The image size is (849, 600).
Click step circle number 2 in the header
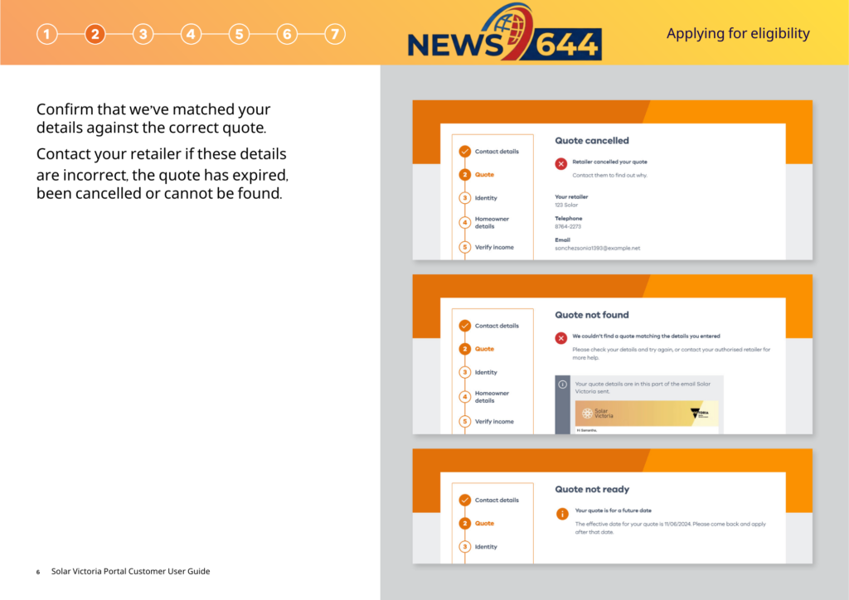pos(95,34)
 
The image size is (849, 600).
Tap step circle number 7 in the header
pos(334,34)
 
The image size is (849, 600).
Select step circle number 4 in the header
pos(191,34)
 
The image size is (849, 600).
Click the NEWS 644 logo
pos(504,33)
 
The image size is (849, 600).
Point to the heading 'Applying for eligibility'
pos(738,34)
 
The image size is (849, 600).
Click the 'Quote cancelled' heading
pos(591,141)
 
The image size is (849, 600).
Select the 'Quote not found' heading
pos(591,315)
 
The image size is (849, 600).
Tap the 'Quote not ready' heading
pos(591,489)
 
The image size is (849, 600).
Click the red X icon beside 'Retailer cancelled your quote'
pos(561,163)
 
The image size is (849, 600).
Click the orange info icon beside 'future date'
pos(561,513)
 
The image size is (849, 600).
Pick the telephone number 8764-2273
pos(568,226)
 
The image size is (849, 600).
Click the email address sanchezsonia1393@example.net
pos(597,248)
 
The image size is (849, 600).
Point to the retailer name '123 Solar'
pos(566,205)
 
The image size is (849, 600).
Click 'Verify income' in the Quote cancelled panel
pos(494,247)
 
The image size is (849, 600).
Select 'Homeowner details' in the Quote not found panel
pos(492,397)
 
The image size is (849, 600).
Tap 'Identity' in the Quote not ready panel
pos(486,547)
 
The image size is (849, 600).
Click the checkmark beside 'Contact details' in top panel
pos(464,152)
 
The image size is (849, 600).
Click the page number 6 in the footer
pos(38,572)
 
